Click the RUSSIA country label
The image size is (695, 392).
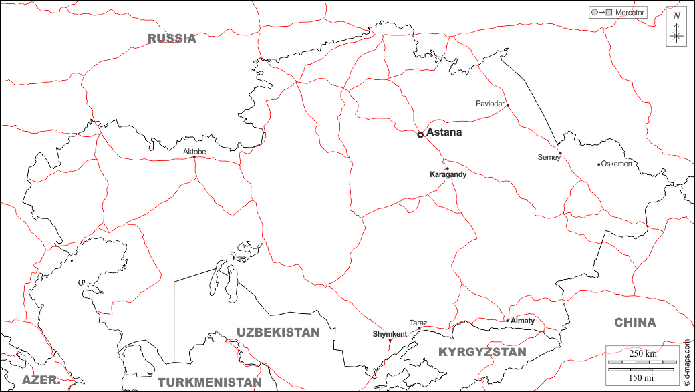172,38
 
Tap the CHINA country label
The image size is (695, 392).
635,323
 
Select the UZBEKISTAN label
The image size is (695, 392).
278,332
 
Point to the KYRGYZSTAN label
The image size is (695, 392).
482,351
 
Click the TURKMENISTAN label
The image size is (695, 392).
209,383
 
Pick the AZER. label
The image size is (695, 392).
41,380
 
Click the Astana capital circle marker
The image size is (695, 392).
420,134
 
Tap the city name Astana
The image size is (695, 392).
444,132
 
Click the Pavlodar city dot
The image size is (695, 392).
507,105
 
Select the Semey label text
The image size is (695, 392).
549,158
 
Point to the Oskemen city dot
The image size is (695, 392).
599,164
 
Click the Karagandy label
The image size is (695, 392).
448,174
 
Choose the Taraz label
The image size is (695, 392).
418,323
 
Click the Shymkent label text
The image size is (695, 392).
390,334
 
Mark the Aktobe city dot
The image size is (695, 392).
194,158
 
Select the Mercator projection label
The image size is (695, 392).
630,13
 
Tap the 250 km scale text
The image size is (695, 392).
642,353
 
